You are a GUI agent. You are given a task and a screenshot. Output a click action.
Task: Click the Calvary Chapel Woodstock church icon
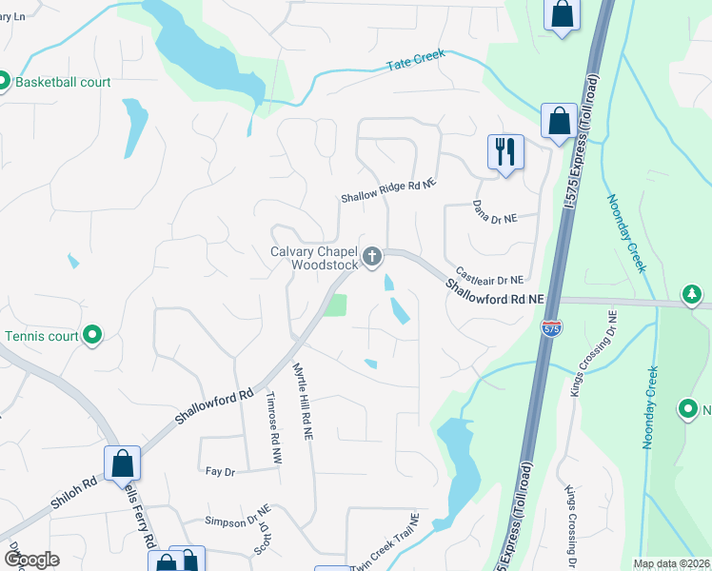(x=372, y=256)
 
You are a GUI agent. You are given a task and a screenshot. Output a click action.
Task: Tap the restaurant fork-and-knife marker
(x=505, y=151)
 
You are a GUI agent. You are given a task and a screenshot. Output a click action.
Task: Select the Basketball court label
(x=61, y=83)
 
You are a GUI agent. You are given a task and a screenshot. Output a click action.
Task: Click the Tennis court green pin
(x=92, y=335)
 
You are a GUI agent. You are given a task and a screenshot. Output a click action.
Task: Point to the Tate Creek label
(x=416, y=62)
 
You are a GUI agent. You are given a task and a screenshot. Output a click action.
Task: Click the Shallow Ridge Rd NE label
(x=389, y=192)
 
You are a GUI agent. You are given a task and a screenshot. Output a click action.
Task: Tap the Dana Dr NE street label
(x=495, y=211)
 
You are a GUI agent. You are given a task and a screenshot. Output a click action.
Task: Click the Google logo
(x=31, y=560)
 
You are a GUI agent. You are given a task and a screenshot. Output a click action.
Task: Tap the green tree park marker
(x=692, y=295)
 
